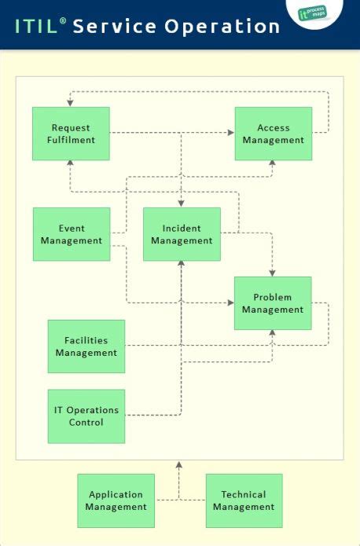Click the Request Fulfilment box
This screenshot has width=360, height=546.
pos(71,134)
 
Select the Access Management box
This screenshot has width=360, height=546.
pos(274,134)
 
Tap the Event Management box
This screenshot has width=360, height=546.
pos(72,234)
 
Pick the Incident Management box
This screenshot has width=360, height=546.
pos(182,234)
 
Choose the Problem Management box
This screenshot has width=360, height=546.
pos(273,303)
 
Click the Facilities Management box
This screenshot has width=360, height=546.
pos(86,346)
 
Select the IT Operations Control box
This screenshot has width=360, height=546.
pos(86,416)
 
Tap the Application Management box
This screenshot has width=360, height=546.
pos(116,500)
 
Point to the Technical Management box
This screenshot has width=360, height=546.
pos(244,500)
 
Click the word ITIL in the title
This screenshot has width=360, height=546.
pos(36,27)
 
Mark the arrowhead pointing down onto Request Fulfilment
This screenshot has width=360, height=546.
pos(71,103)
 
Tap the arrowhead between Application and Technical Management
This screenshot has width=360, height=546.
pos(179,465)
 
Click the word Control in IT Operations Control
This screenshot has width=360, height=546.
pos(86,423)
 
